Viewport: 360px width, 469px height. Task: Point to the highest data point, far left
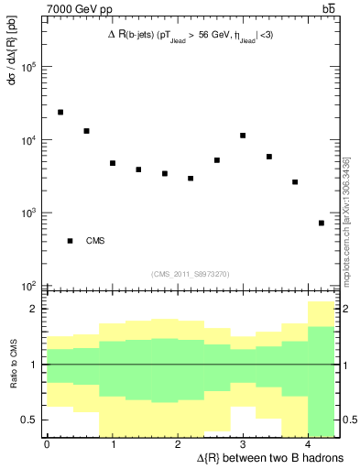tap(60, 112)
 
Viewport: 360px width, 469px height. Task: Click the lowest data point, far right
tap(322, 223)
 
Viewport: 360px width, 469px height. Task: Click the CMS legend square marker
tap(70, 241)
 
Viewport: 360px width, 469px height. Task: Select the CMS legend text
tap(96, 241)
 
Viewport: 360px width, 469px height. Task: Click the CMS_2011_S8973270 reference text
tap(191, 273)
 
